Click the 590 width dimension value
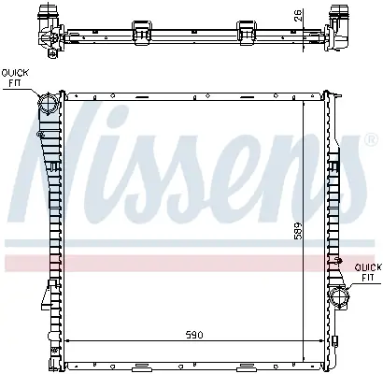[194, 335]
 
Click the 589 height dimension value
[298, 231]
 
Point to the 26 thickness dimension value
[298, 15]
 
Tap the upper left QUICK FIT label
[15, 78]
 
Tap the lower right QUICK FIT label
[368, 272]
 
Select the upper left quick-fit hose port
[48, 103]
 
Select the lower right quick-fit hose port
[340, 297]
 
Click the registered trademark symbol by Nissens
[371, 140]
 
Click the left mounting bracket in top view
[142, 32]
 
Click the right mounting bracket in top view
[247, 32]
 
